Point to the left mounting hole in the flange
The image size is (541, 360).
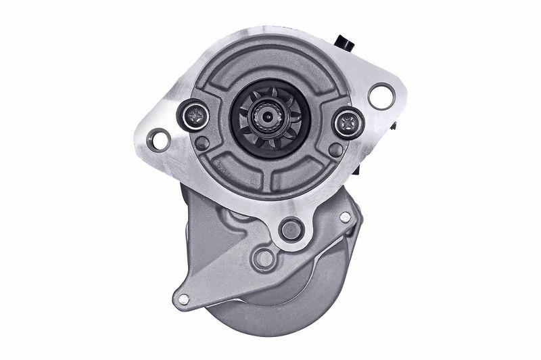coord(160,139)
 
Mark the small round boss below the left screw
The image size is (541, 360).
coord(202,143)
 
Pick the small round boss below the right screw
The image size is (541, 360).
coord(334,149)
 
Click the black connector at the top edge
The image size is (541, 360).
coord(346,43)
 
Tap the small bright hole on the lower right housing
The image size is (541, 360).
coord(345,217)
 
